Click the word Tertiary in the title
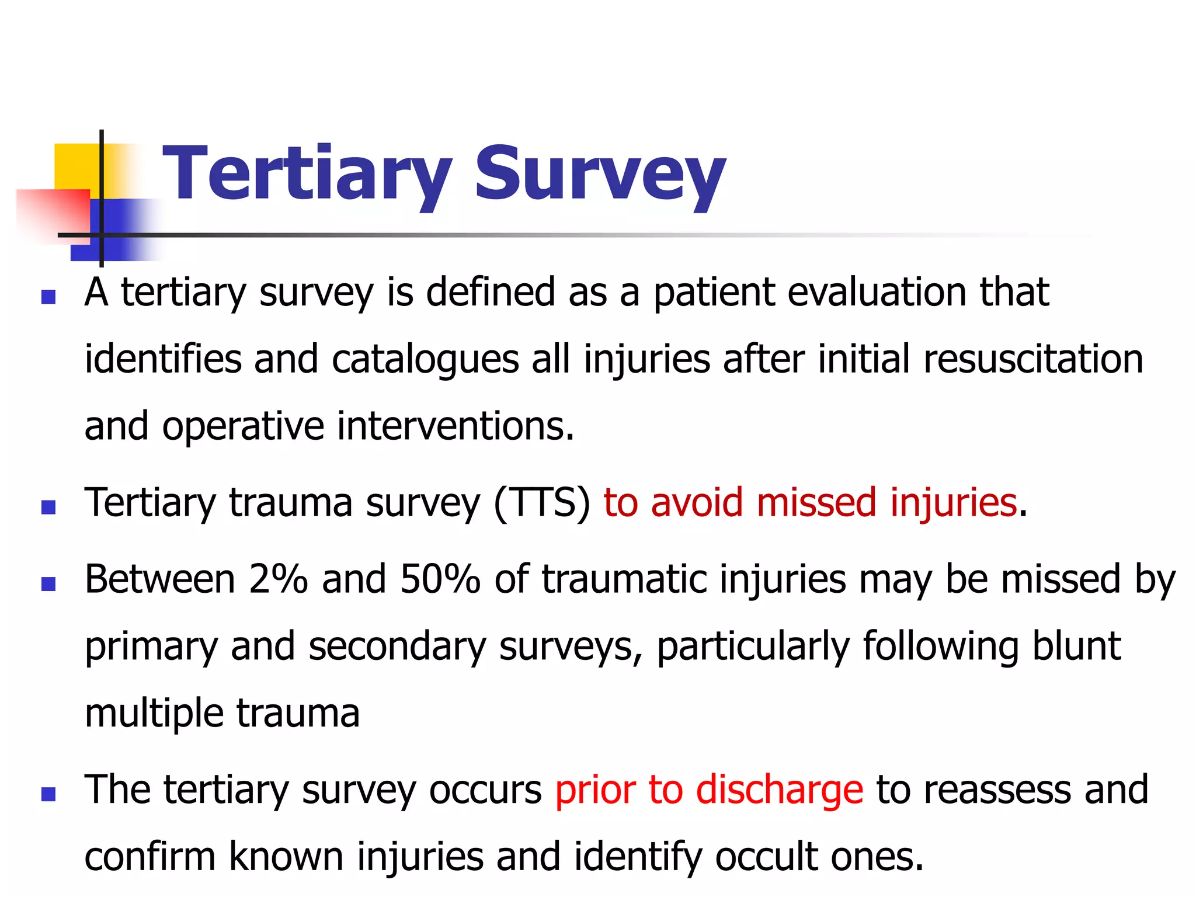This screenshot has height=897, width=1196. (x=307, y=174)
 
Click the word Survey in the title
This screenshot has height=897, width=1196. (x=600, y=174)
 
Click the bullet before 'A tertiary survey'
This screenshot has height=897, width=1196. (x=48, y=297)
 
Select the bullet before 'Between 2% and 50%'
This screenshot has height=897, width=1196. (x=48, y=583)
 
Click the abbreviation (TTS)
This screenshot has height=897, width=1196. (x=543, y=502)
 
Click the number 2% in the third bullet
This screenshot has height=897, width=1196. (x=277, y=579)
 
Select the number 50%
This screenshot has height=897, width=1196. (x=440, y=579)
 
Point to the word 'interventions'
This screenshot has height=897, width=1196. (x=455, y=426)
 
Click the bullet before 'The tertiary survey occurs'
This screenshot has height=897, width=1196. (x=48, y=794)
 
